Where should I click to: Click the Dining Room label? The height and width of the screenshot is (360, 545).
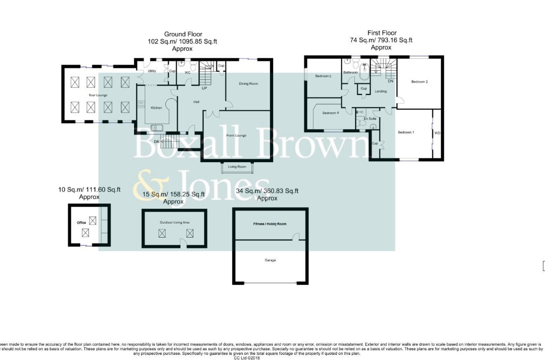click(248, 84)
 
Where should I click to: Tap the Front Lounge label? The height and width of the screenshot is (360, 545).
click(236, 135)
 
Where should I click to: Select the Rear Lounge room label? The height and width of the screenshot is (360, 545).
click(98, 95)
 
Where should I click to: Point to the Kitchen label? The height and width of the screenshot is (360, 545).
click(156, 108)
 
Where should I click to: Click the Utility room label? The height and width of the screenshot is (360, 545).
click(152, 71)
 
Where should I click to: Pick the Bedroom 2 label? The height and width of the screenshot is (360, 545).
click(419, 82)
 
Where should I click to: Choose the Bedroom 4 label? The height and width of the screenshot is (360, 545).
click(330, 113)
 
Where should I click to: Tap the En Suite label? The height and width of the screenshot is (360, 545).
click(370, 119)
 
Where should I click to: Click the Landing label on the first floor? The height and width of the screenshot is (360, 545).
click(381, 91)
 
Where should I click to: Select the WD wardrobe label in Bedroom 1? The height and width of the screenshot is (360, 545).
click(437, 133)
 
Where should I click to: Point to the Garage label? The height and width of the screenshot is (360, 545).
click(270, 260)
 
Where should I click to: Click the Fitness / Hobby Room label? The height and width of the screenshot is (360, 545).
click(270, 224)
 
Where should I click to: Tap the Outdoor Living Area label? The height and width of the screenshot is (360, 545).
click(174, 222)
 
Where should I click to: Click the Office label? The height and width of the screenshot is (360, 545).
click(81, 223)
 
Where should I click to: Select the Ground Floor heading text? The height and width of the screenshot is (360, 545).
click(183, 34)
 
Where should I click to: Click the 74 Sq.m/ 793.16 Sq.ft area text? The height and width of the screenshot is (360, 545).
click(381, 40)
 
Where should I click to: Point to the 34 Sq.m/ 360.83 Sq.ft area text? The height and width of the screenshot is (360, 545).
click(267, 191)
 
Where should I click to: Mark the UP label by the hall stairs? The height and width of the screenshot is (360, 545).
click(204, 88)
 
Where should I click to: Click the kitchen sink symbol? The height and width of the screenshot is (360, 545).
click(157, 128)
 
